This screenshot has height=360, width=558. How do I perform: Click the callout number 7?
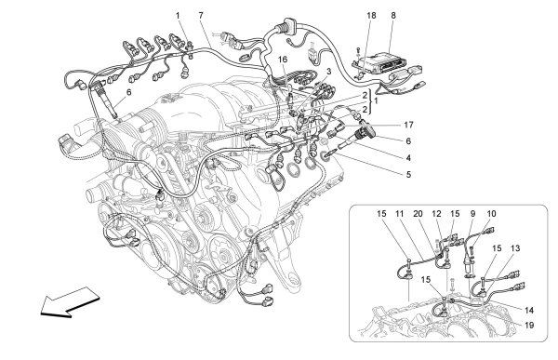click(x=201, y=16)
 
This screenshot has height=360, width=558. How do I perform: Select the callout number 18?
click(x=371, y=16)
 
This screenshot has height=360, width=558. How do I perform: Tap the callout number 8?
click(x=393, y=16)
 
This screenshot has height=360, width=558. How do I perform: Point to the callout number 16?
click(x=283, y=60)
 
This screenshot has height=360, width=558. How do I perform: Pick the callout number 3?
click(x=329, y=72)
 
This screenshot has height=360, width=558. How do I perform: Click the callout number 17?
click(x=408, y=125)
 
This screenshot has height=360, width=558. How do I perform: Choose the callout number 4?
click(x=408, y=158)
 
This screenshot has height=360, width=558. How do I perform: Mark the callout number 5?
click(x=408, y=175)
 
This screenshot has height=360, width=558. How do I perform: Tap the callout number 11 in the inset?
click(x=400, y=214)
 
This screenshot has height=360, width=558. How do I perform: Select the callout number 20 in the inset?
click(x=418, y=214)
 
